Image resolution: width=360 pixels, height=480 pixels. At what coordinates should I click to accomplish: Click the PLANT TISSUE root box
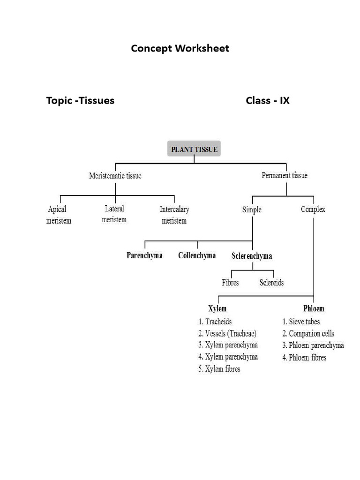(194, 150)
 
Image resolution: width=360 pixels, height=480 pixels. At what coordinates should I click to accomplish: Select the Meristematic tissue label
(115, 176)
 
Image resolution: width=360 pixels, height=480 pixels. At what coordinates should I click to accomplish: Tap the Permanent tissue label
(284, 175)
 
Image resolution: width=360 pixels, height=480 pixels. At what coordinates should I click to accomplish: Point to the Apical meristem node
(59, 215)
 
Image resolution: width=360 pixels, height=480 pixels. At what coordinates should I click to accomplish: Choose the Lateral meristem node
(115, 214)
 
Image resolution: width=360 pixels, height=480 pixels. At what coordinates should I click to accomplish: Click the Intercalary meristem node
(174, 215)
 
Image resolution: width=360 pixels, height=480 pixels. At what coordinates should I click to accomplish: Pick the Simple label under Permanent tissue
(252, 210)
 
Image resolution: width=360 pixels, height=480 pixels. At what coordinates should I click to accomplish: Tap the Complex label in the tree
(313, 209)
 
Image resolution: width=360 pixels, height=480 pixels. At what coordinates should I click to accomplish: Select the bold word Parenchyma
(144, 255)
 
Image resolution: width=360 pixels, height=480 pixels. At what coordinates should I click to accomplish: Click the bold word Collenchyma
(197, 255)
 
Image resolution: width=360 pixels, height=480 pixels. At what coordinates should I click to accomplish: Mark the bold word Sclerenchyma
(252, 256)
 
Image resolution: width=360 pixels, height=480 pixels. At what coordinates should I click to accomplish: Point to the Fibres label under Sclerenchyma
(230, 283)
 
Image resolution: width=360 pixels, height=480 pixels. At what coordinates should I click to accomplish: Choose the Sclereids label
(271, 283)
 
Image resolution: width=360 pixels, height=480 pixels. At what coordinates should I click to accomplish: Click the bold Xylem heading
(217, 308)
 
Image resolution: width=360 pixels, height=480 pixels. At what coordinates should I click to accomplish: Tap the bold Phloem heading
(314, 308)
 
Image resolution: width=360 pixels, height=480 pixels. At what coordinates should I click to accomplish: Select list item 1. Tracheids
(215, 322)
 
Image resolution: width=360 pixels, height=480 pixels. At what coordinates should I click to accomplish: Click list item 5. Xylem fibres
(219, 369)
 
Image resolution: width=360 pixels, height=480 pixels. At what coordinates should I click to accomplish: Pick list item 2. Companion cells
(308, 334)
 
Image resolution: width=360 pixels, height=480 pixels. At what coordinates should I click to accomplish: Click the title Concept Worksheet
(180, 48)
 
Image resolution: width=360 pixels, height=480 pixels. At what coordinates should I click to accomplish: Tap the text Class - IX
(267, 100)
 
